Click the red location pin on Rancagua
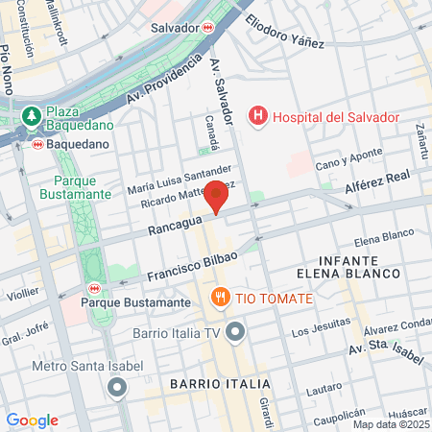coord(216,197)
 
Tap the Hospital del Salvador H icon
coord(257,117)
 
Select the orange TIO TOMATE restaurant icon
coord(222,298)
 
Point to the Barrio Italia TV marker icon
coord(236,333)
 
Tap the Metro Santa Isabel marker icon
coord(117,388)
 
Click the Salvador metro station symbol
coord(208,28)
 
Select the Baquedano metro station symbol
coord(37,144)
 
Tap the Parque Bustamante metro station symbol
coord(94,287)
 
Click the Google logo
coord(32,420)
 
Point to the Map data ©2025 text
coord(391,424)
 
